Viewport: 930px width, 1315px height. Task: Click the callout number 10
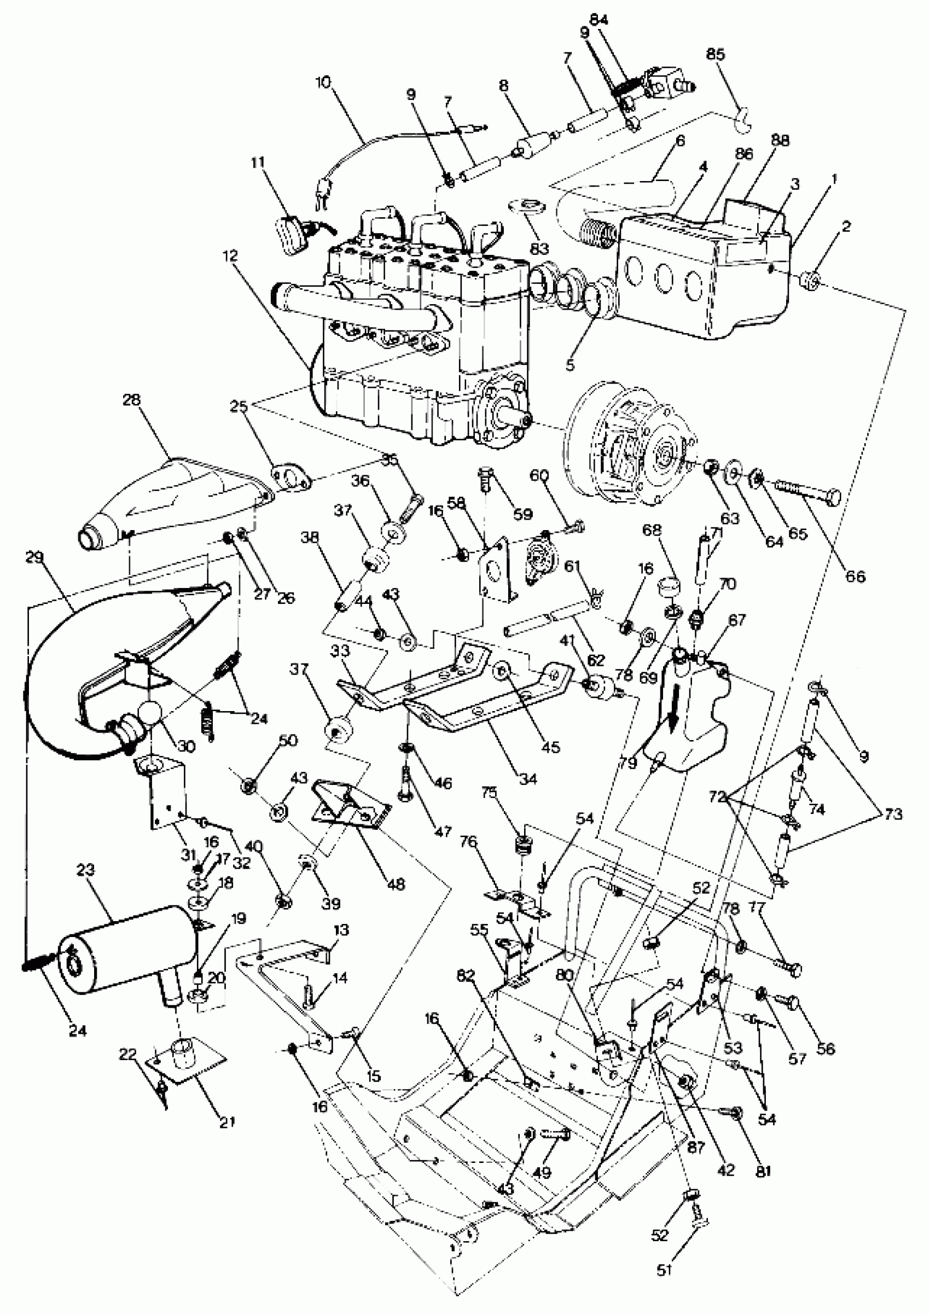tap(323, 82)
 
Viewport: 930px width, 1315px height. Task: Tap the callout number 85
tap(715, 54)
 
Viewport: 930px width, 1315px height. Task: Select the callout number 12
tap(230, 255)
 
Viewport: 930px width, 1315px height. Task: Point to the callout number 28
tap(131, 399)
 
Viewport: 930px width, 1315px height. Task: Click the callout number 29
tap(35, 557)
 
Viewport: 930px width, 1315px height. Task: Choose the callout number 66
tap(856, 576)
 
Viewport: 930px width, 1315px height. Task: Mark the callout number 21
tap(228, 1122)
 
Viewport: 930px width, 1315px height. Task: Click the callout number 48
tap(396, 885)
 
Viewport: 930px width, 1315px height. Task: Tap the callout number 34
tap(527, 778)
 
